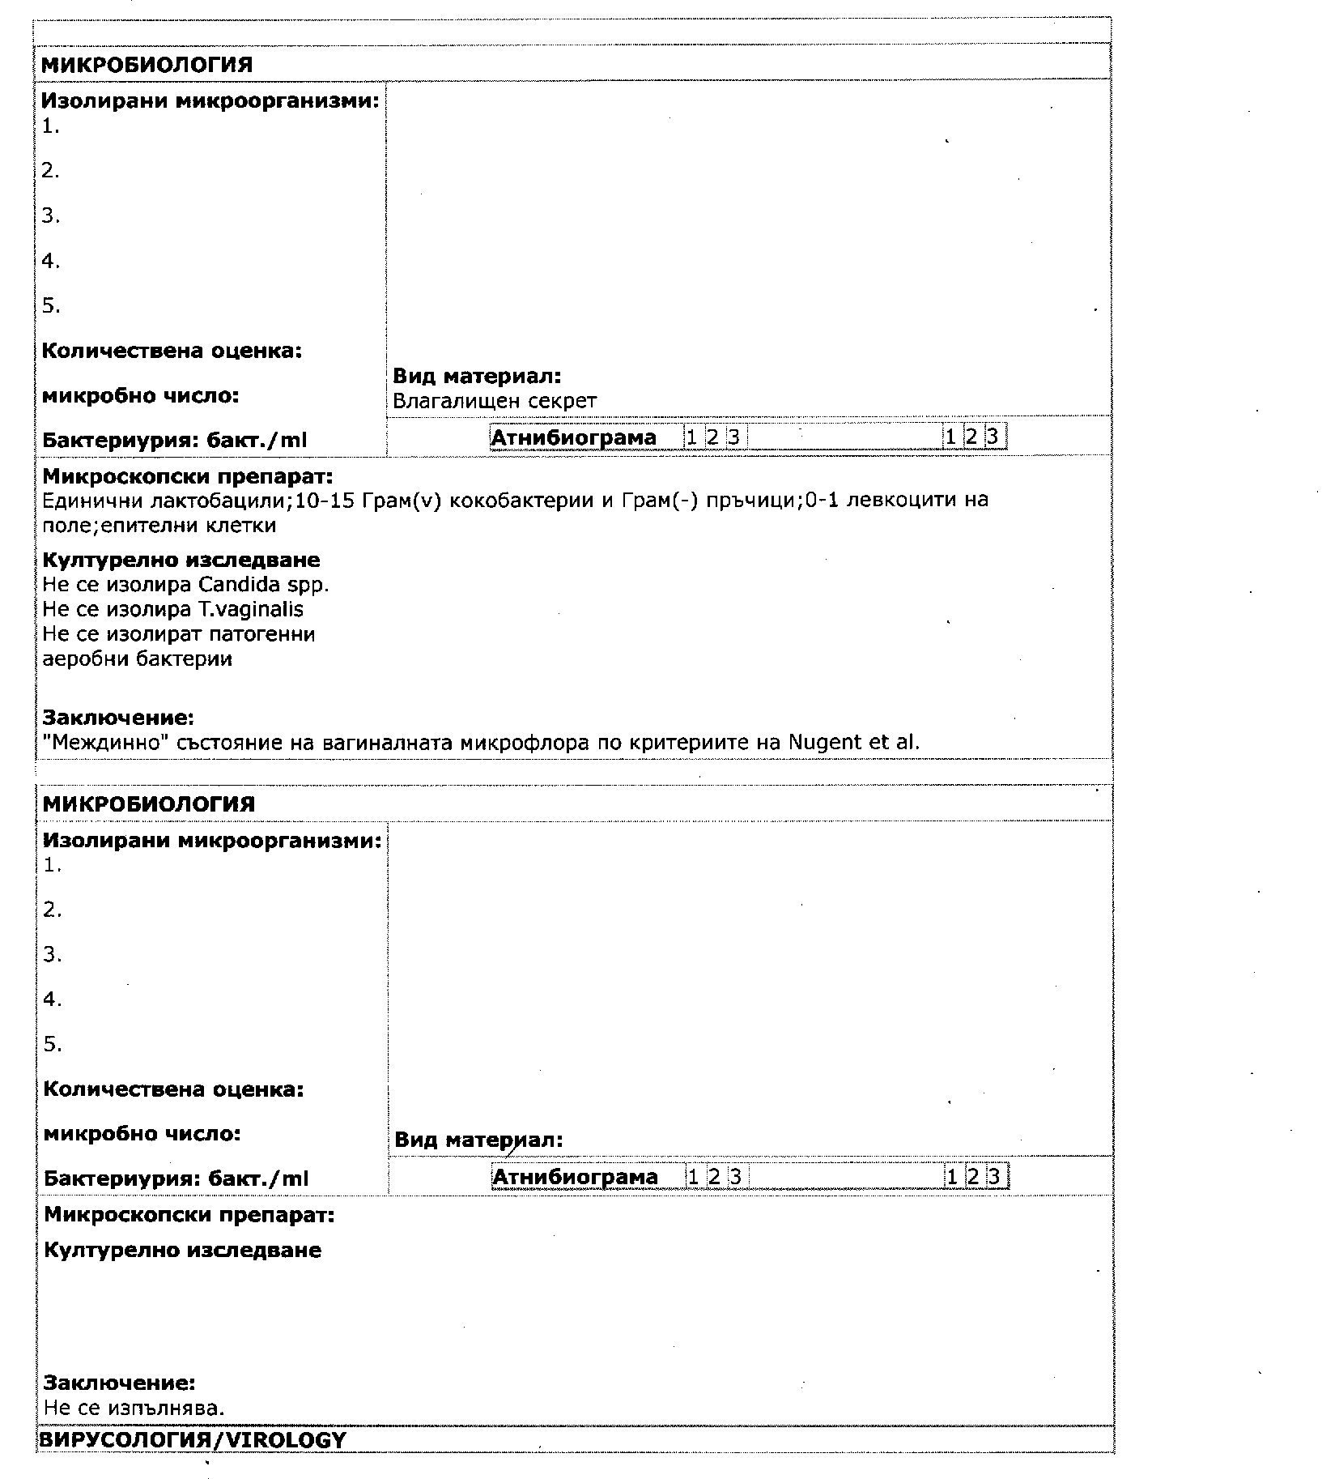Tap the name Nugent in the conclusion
click(825, 742)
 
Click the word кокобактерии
click(522, 500)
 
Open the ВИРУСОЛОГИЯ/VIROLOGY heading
click(193, 1440)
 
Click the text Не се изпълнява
click(134, 1408)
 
